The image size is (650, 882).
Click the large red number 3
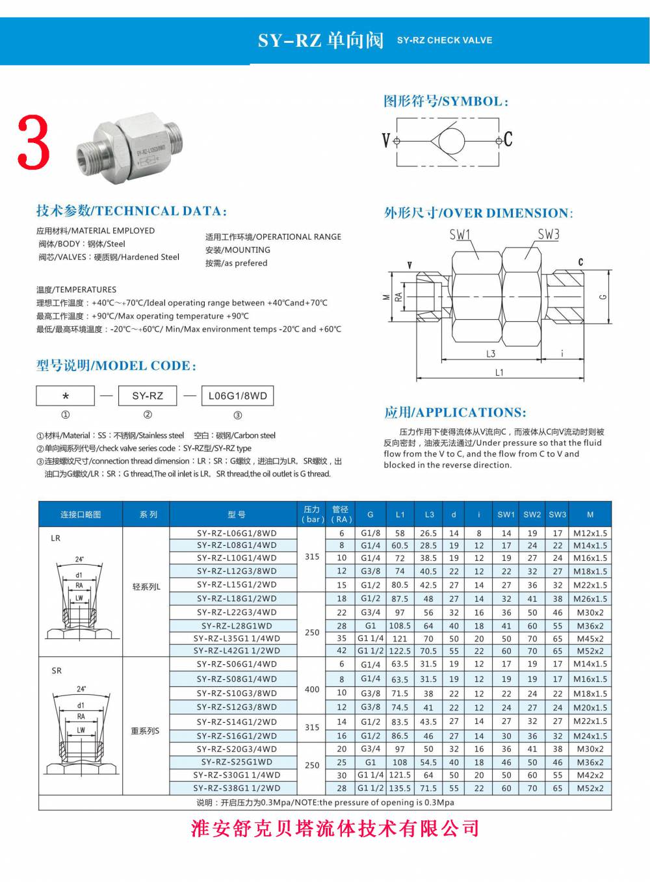pyautogui.click(x=33, y=142)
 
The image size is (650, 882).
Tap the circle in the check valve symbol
pyautogui.click(x=450, y=140)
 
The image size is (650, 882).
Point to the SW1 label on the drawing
pyautogui.click(x=460, y=235)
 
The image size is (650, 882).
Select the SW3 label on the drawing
pyautogui.click(x=549, y=235)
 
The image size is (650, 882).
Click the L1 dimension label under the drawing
pyautogui.click(x=499, y=372)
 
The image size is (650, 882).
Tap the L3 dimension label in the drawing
pyautogui.click(x=491, y=354)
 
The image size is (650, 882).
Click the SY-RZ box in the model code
pyautogui.click(x=148, y=396)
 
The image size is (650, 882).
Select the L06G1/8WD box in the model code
pyautogui.click(x=237, y=396)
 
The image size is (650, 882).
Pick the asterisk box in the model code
pyautogui.click(x=66, y=396)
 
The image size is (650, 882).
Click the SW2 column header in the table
pyautogui.click(x=532, y=514)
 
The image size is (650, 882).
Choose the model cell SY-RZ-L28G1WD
pyautogui.click(x=237, y=626)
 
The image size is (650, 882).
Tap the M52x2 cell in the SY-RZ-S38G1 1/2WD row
pyautogui.click(x=590, y=788)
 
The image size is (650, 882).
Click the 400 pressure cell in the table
pyautogui.click(x=312, y=689)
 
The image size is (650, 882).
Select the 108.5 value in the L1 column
pyautogui.click(x=400, y=626)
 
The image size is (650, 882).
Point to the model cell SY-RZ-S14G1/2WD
pyautogui.click(x=237, y=721)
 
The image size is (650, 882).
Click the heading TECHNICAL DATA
pyautogui.click(x=132, y=211)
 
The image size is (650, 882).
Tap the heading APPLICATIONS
pyautogui.click(x=455, y=413)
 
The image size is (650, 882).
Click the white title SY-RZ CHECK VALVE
pyautogui.click(x=445, y=40)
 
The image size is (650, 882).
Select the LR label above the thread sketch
pyautogui.click(x=55, y=538)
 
